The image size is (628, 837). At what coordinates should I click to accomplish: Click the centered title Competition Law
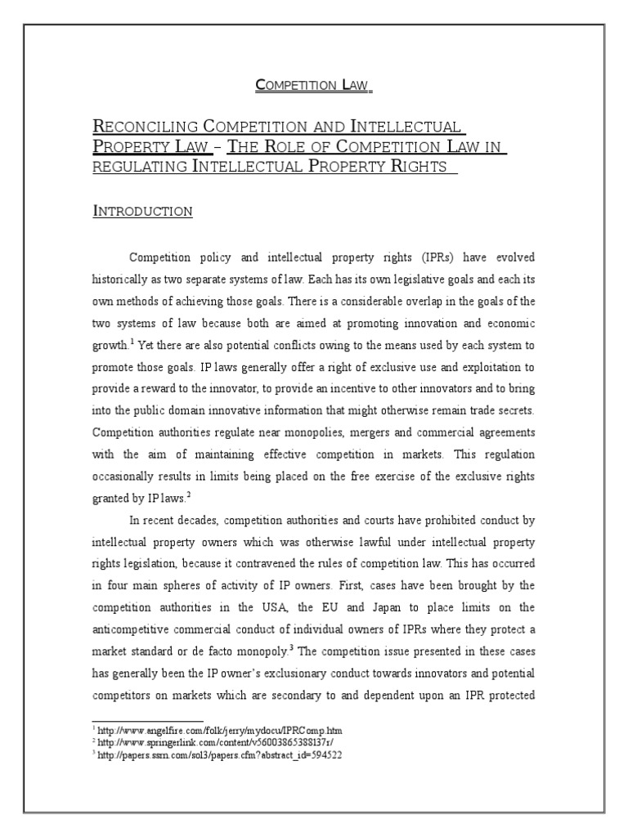[314, 84]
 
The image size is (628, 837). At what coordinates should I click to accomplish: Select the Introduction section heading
[143, 212]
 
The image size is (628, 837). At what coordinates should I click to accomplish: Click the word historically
[123, 279]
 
